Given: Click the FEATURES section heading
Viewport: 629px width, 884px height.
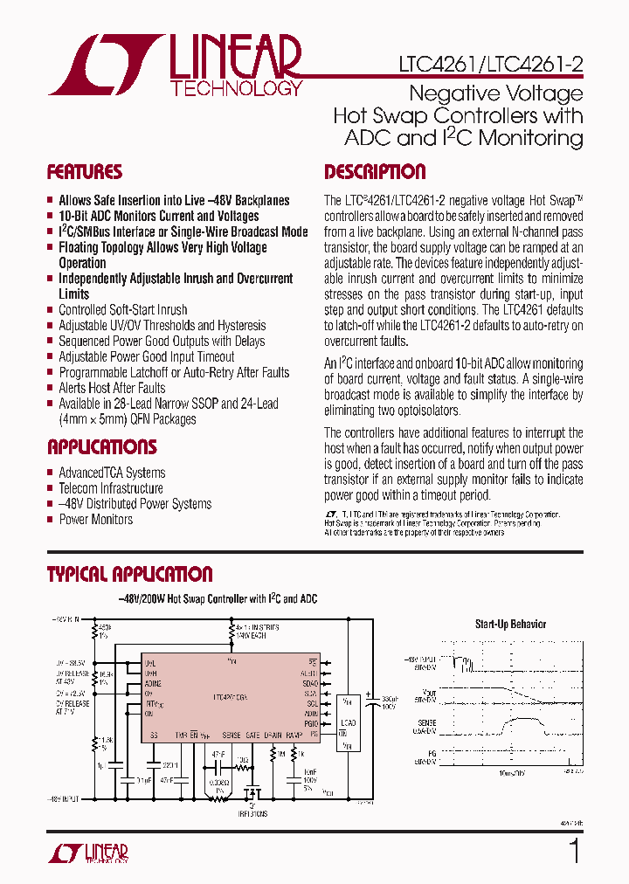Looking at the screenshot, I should [84, 172].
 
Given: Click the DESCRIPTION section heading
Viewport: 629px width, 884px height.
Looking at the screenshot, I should [375, 172].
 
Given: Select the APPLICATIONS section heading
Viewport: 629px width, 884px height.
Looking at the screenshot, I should [101, 447].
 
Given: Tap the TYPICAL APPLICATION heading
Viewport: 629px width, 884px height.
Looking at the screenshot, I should [129, 574].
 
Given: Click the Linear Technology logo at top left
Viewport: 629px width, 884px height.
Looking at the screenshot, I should [175, 66].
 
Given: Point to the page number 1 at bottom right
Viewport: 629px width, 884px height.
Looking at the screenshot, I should [574, 850].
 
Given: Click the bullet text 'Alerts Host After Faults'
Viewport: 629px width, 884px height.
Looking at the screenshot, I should [112, 388].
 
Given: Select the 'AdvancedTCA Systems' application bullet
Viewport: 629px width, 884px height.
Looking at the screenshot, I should [112, 473].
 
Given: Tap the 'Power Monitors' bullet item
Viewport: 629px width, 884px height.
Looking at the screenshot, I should [96, 520].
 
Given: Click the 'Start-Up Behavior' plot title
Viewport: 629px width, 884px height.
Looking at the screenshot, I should [510, 624].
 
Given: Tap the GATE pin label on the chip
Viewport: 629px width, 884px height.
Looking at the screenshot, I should [252, 736].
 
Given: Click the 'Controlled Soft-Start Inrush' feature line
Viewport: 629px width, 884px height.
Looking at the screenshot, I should [122, 310].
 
